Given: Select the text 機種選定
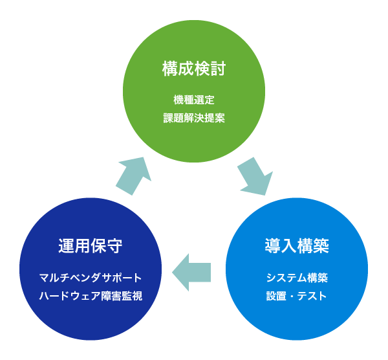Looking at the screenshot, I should (193, 100).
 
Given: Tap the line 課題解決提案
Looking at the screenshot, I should (193, 119).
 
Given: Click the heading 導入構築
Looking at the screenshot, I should (297, 246).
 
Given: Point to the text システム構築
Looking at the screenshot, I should (297, 278).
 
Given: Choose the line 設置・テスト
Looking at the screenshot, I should (297, 297).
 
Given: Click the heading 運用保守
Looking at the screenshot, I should (91, 246).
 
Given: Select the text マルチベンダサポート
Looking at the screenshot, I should (91, 278).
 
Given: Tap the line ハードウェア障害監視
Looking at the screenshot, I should (91, 297).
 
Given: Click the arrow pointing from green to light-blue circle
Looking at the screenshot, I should (254, 175).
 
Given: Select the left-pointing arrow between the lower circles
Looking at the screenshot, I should (192, 271).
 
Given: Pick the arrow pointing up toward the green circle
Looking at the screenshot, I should (134, 175).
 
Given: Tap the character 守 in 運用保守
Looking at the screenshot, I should (114, 246).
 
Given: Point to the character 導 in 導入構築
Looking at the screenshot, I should (273, 246).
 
